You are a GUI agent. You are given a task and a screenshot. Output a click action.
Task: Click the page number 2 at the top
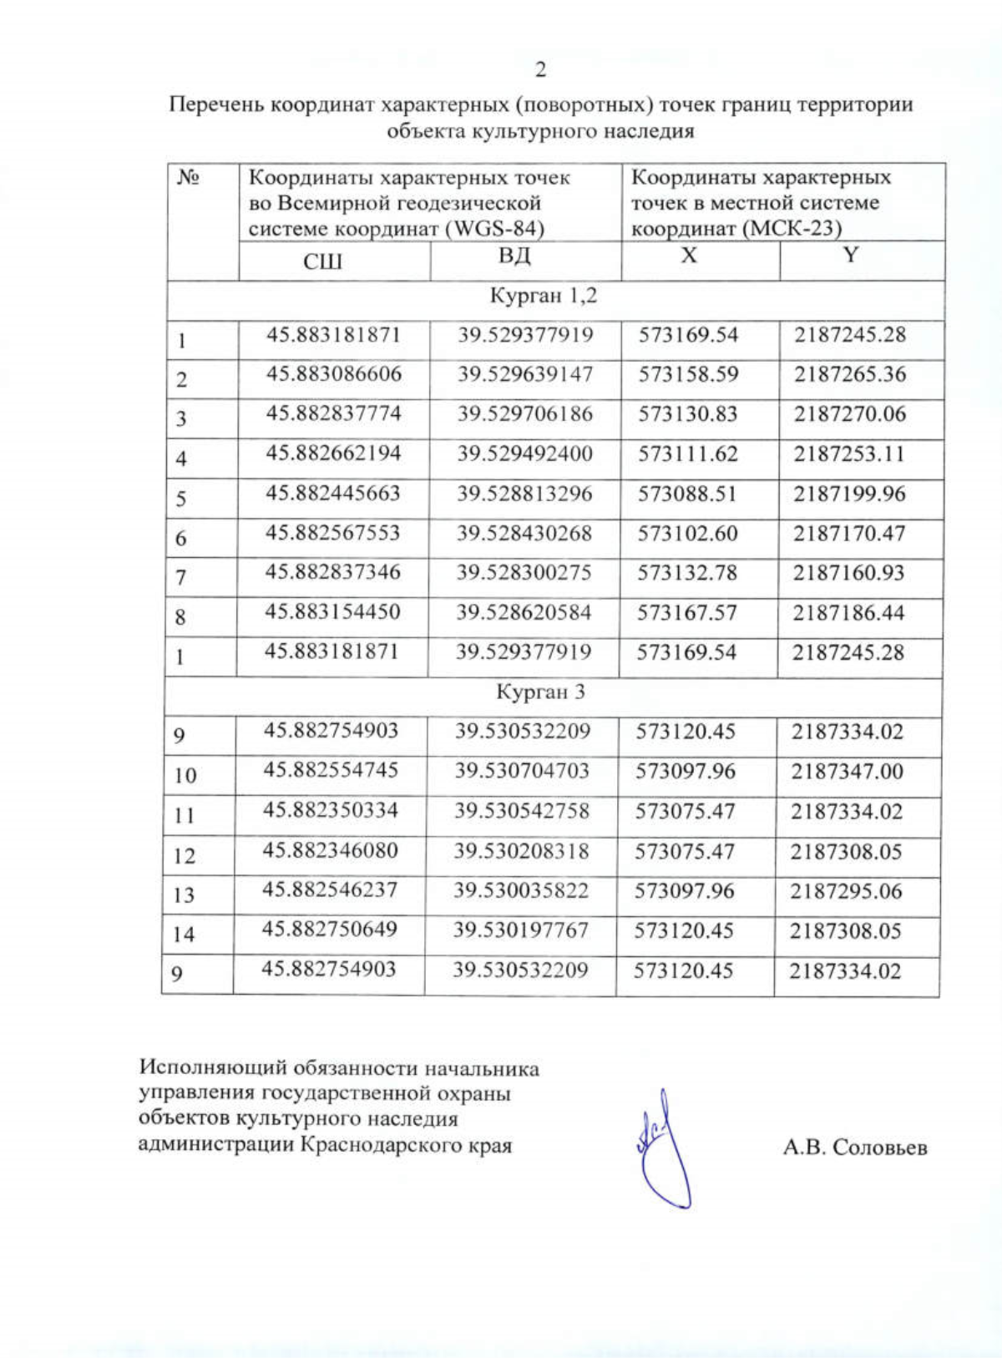click(x=540, y=70)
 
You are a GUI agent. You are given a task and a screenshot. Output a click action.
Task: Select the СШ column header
click(x=322, y=262)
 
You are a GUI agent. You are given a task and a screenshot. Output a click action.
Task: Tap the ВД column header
click(x=514, y=256)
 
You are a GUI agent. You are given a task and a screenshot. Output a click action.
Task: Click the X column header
click(x=688, y=256)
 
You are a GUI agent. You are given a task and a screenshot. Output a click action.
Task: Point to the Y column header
click(x=850, y=256)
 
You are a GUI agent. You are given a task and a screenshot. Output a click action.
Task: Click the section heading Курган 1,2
click(x=543, y=296)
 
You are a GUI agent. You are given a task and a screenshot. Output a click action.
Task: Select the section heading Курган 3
click(x=540, y=692)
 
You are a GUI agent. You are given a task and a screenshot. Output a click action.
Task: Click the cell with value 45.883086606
click(x=334, y=374)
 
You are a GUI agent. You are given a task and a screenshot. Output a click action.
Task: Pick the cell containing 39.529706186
click(x=524, y=414)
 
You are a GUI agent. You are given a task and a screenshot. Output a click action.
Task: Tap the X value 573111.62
click(x=688, y=454)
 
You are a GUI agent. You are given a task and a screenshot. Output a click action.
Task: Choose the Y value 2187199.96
click(x=849, y=494)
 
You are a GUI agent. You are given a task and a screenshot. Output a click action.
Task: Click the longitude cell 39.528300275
click(x=524, y=573)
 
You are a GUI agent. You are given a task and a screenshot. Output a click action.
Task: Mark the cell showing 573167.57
click(x=687, y=613)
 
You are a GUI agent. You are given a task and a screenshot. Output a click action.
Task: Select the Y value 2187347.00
click(x=848, y=771)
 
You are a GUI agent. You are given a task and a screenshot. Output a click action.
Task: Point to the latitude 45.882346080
click(x=331, y=851)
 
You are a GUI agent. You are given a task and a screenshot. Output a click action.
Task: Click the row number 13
click(x=184, y=895)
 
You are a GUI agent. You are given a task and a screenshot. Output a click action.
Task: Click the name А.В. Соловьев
click(x=855, y=1148)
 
